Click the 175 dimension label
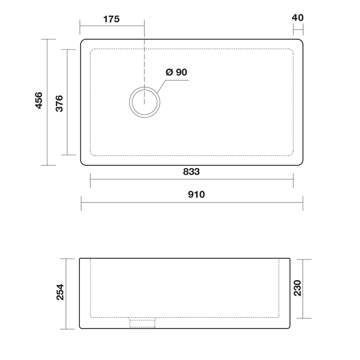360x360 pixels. pos(111,19)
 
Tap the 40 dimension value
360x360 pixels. pos(298,18)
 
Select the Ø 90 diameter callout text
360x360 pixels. pos(177,72)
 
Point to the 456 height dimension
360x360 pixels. pos(39,100)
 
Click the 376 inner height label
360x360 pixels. pos(59,103)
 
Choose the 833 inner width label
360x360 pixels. pos(191,171)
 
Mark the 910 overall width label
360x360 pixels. pos(196,194)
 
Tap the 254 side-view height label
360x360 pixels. pos(60,292)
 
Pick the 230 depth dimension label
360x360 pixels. pos(297,288)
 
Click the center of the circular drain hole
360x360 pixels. pos(144,102)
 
